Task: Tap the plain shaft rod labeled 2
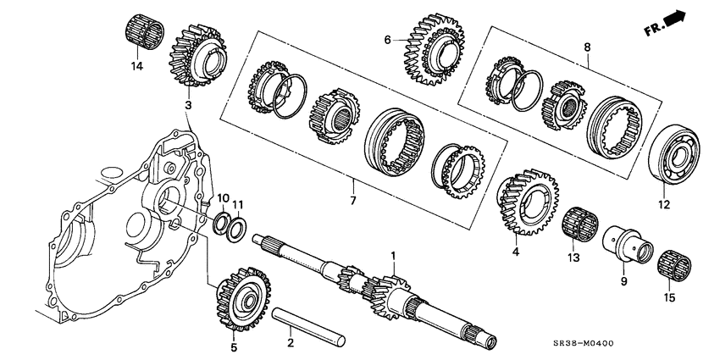pos(310,324)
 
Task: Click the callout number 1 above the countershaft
pos(392,255)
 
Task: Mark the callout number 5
pos(234,346)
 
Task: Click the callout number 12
pos(663,203)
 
